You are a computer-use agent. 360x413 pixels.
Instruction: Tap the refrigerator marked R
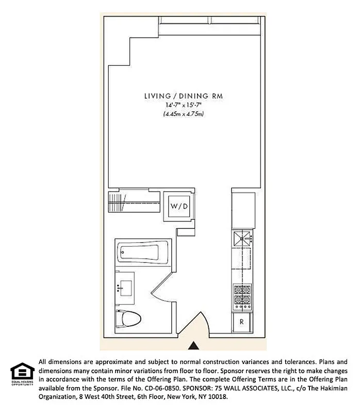coord(241,322)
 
